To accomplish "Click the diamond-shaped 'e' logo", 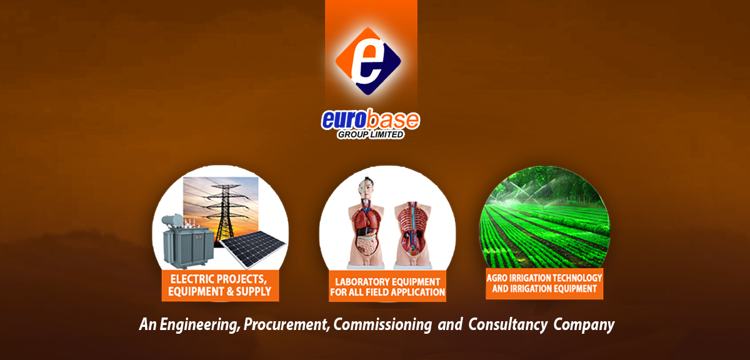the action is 368,61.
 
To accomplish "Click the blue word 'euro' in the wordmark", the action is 343,120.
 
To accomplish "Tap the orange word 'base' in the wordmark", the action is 392,119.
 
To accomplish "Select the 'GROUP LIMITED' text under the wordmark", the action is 370,134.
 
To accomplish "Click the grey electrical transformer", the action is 187,242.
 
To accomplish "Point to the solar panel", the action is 253,249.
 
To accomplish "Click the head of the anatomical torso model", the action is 366,187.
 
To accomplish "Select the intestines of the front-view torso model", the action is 367,244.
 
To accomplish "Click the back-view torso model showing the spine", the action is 412,234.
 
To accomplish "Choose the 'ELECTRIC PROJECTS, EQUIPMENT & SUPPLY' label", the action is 220,286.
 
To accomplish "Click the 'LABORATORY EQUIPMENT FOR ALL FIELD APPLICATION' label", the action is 387,287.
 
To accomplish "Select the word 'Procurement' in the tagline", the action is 286,324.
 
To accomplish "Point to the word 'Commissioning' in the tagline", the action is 382,324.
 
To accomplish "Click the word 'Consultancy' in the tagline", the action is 508,324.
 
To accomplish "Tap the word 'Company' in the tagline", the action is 584,324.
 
